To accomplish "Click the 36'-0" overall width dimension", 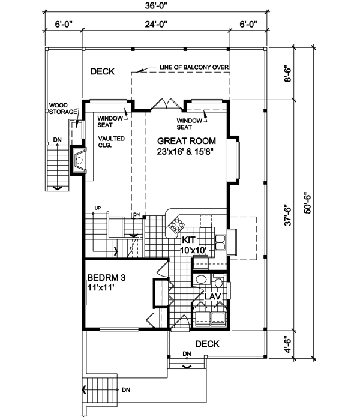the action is click(156, 6).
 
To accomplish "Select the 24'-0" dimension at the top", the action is click(156, 25).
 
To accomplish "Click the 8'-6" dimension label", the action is click(287, 74).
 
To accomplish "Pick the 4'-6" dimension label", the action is click(287, 344).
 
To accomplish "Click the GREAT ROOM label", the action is click(187, 141).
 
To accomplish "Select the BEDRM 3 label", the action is click(106, 277).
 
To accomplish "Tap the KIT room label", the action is click(188, 239).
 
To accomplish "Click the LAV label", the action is click(212, 296).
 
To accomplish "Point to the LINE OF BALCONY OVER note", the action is click(194, 67).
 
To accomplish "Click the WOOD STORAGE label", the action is click(63, 109).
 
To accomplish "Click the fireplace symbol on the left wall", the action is click(79, 160).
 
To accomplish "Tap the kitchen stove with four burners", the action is click(176, 224).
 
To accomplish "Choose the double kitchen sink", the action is click(220, 242).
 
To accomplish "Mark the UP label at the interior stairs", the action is click(98, 208).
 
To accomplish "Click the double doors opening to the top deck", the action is click(166, 103).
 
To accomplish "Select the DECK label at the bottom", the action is click(207, 344).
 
